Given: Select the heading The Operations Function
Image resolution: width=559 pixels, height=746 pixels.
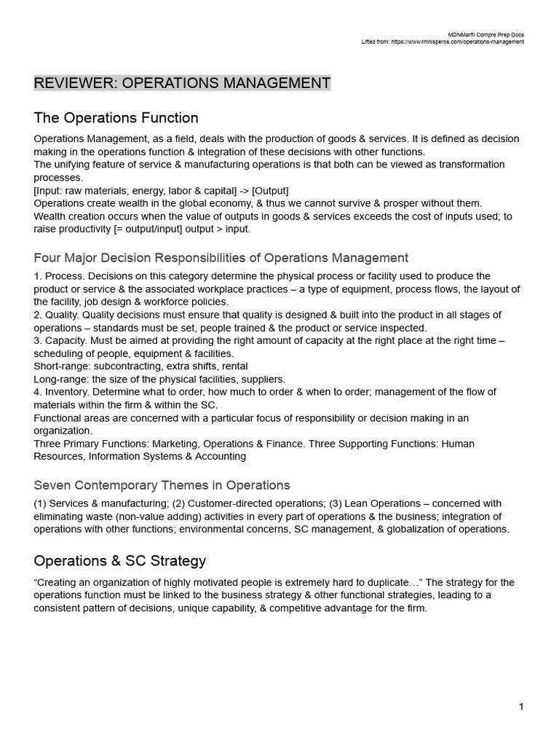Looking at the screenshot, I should tap(116, 118).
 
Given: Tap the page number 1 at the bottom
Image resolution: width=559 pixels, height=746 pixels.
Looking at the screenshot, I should tap(521, 706).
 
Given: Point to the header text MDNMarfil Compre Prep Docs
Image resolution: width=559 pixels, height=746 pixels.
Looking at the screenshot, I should tap(487, 34).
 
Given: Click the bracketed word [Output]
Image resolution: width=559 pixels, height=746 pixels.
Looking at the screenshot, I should tap(270, 191).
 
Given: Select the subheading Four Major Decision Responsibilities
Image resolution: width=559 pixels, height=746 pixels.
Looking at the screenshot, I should tap(221, 258).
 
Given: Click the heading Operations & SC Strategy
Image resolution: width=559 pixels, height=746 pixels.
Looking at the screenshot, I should tap(119, 561).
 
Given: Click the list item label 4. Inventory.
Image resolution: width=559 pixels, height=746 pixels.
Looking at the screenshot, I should tap(61, 392).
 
